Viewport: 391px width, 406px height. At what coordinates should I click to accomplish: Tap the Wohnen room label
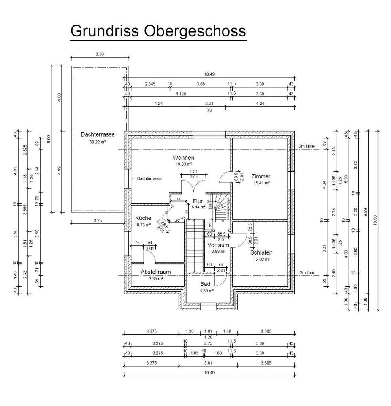[x=184, y=158]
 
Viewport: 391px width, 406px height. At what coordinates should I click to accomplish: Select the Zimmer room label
[x=261, y=176]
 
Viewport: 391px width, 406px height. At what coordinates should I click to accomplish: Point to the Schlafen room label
[x=261, y=252]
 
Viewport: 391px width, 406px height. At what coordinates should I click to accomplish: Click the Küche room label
[x=143, y=218]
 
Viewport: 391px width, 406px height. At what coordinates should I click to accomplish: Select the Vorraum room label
[x=218, y=245]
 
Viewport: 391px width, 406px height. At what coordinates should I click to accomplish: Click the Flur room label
[x=198, y=201]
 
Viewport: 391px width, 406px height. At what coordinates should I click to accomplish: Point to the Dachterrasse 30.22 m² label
[x=98, y=134]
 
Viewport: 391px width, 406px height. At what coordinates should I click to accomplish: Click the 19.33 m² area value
[x=184, y=164]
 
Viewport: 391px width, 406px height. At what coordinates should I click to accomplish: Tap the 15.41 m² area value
[x=261, y=183]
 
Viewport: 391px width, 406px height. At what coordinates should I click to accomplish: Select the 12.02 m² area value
[x=261, y=259]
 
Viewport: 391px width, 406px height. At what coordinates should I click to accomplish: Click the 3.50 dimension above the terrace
[x=100, y=54]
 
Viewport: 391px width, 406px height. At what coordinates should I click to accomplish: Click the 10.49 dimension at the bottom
[x=209, y=372]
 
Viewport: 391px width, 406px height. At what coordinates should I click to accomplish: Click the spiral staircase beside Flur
[x=220, y=207]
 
